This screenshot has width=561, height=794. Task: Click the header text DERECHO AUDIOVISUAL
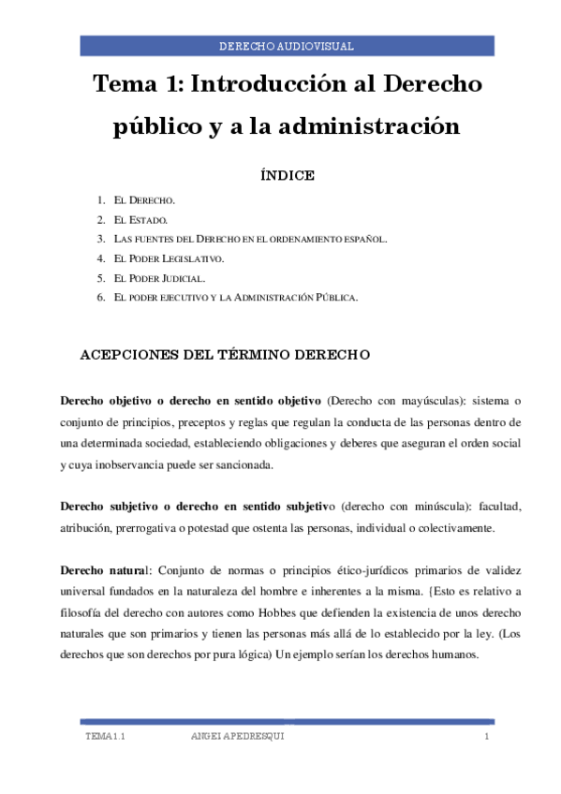click(286, 46)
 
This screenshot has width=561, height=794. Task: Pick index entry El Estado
click(140, 220)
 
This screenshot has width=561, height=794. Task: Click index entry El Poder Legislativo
click(169, 257)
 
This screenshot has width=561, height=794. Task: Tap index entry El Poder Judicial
click(158, 278)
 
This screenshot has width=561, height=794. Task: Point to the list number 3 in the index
click(99, 239)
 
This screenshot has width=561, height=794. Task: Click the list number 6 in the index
click(99, 297)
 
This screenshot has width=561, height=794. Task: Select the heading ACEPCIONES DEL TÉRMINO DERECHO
click(226, 355)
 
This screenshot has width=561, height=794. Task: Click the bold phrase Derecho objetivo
click(111, 402)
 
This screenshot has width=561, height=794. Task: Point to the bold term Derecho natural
click(103, 570)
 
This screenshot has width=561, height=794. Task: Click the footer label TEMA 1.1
click(105, 739)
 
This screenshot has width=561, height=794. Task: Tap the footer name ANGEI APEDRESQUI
click(237, 739)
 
